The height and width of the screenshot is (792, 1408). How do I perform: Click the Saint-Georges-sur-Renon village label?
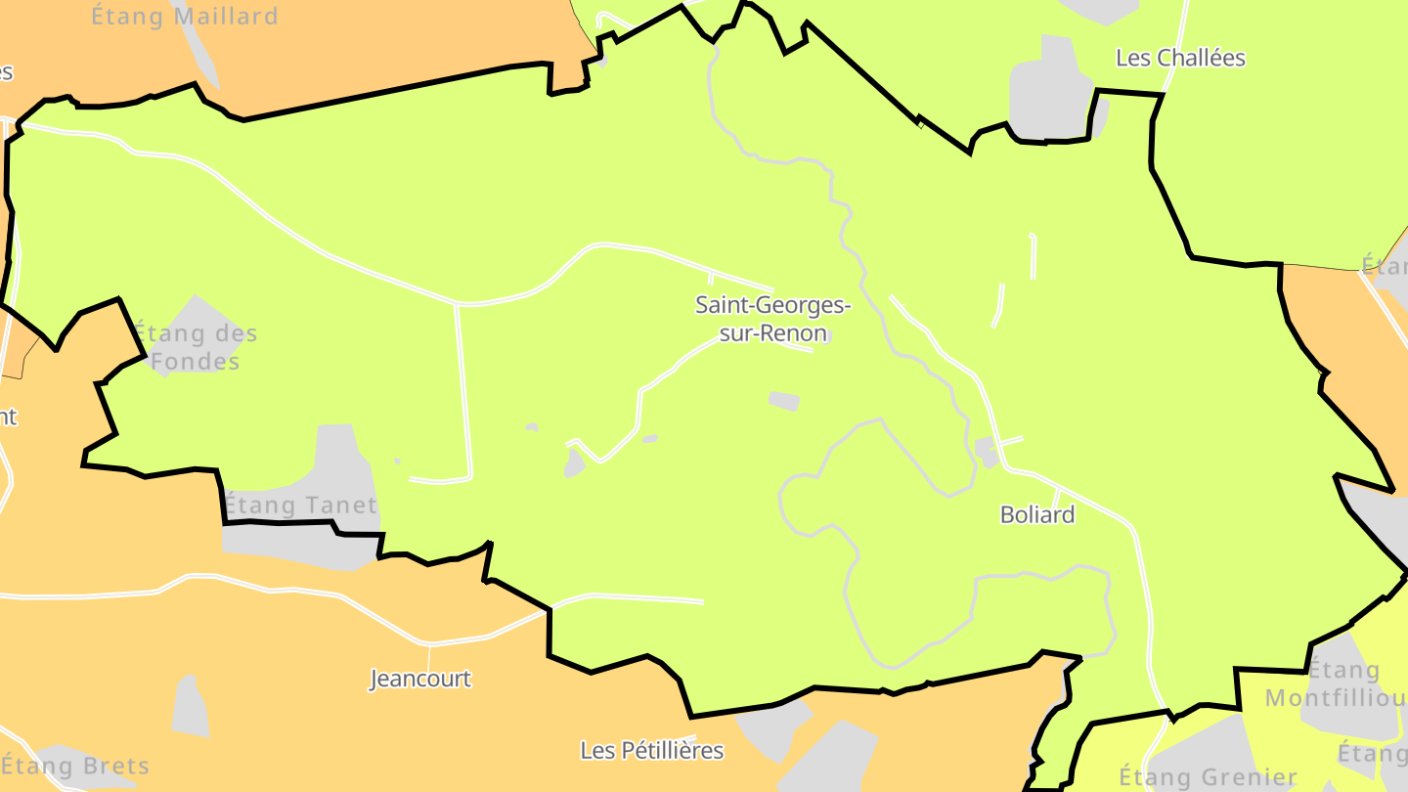pyautogui.click(x=772, y=319)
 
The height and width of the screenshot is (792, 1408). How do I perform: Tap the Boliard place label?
pyautogui.click(x=1036, y=514)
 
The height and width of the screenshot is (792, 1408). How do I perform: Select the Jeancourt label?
pyautogui.click(x=420, y=679)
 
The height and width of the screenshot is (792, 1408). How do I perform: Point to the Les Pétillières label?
pyautogui.click(x=652, y=750)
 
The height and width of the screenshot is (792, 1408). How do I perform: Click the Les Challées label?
pyautogui.click(x=1180, y=58)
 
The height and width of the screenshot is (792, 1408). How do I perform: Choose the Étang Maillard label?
pyautogui.click(x=185, y=17)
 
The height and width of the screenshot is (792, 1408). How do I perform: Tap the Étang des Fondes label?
pyautogui.click(x=195, y=347)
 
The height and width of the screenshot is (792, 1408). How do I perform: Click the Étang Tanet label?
pyautogui.click(x=299, y=506)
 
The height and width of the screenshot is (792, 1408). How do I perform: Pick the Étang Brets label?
pyautogui.click(x=76, y=766)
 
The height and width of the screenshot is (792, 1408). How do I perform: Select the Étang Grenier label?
pyautogui.click(x=1208, y=778)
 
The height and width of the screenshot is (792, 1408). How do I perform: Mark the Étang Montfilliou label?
pyautogui.click(x=1336, y=684)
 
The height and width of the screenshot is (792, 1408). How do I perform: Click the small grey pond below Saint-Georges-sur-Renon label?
pyautogui.click(x=783, y=401)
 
